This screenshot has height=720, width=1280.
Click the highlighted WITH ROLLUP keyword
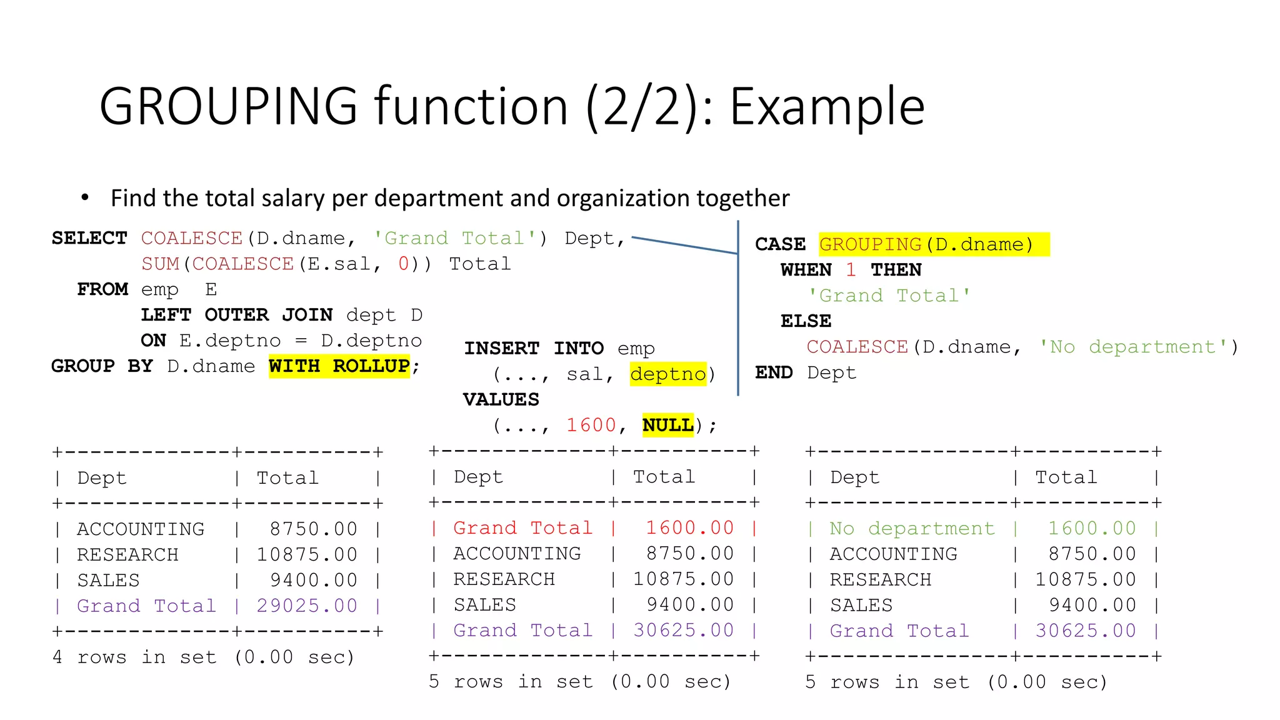(x=339, y=366)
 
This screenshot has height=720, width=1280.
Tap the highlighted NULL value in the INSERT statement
(x=667, y=425)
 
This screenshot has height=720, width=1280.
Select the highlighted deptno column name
(x=667, y=374)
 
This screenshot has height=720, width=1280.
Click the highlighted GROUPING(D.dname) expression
(x=926, y=244)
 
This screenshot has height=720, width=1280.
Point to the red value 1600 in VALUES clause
(x=591, y=425)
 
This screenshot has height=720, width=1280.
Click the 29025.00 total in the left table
(x=307, y=606)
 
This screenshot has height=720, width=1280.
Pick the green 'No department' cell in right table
(x=912, y=529)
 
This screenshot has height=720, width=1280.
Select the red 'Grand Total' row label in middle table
(x=522, y=528)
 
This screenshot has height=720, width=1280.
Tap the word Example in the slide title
(x=827, y=107)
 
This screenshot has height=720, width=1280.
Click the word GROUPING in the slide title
(x=228, y=107)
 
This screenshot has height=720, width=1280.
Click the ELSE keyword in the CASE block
(x=806, y=321)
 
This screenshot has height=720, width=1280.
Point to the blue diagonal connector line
(x=685, y=246)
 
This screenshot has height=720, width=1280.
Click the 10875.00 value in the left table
(x=307, y=554)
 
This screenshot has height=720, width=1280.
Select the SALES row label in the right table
(x=861, y=606)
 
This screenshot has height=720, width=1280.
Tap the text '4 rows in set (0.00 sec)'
(x=204, y=657)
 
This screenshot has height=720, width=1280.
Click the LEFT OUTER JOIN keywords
(x=236, y=314)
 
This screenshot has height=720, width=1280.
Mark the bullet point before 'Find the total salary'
(x=85, y=198)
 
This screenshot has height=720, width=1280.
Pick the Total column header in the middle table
(x=664, y=477)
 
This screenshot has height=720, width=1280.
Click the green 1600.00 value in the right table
(x=1092, y=529)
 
